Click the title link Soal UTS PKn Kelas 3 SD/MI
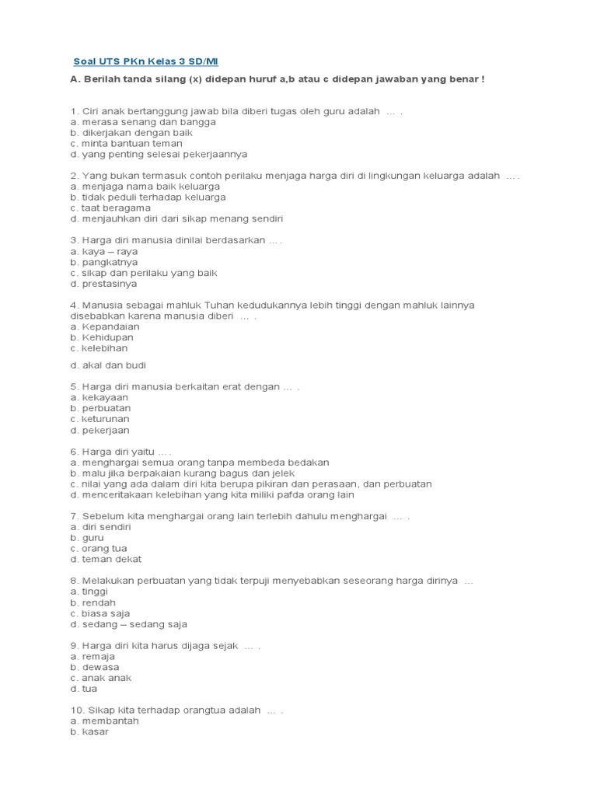click(145, 61)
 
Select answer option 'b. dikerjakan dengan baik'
click(131, 133)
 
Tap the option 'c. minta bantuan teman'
click(126, 144)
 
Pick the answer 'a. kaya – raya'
click(103, 252)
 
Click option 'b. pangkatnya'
click(103, 263)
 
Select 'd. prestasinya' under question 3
click(103, 285)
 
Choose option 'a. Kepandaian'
click(105, 327)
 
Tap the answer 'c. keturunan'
click(100, 419)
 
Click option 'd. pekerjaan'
click(100, 430)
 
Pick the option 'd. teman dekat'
click(106, 560)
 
